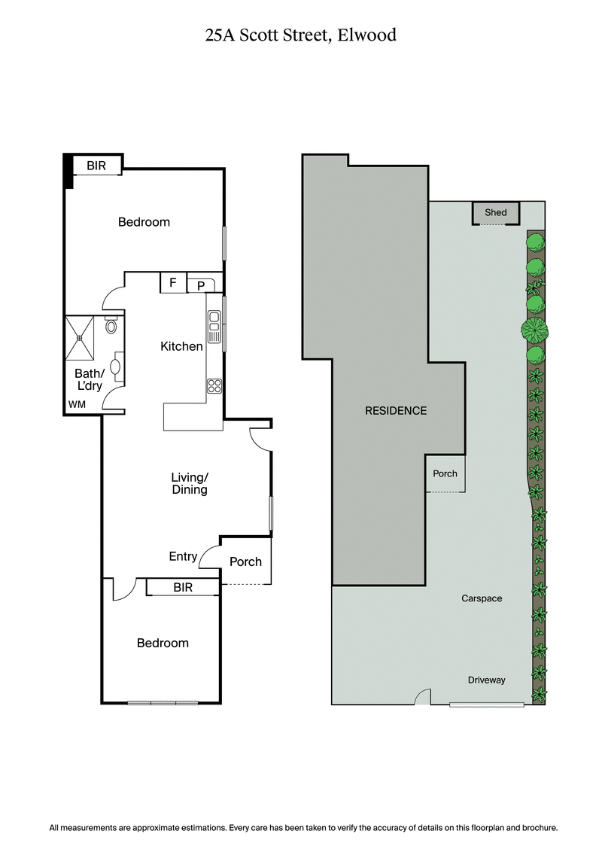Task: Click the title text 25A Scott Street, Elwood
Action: click(x=300, y=35)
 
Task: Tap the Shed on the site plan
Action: click(x=496, y=213)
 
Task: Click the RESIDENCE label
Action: click(x=396, y=411)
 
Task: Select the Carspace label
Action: click(x=482, y=599)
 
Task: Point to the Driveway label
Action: click(x=486, y=680)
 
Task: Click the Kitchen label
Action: click(x=181, y=347)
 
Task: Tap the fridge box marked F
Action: click(x=173, y=283)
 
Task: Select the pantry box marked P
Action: click(x=201, y=285)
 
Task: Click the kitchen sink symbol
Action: click(x=214, y=322)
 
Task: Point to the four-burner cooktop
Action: click(x=214, y=386)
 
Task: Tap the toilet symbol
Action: click(x=111, y=326)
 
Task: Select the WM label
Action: click(x=77, y=405)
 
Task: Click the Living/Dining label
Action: click(x=189, y=484)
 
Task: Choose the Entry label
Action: click(x=183, y=557)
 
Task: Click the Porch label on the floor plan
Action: click(x=245, y=561)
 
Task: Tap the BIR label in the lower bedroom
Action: click(x=183, y=588)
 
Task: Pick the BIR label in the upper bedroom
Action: click(x=96, y=166)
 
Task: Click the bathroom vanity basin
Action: click(x=116, y=367)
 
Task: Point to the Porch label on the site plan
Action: click(x=445, y=474)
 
